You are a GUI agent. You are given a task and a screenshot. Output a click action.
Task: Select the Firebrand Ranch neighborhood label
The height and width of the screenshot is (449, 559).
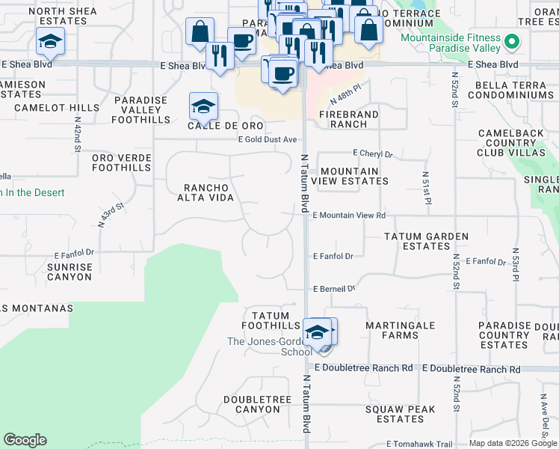point(348,119)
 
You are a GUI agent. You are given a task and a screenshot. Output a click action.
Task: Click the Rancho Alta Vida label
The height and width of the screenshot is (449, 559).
point(206,192)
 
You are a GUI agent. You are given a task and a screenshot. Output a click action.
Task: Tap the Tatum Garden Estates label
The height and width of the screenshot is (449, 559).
point(426,241)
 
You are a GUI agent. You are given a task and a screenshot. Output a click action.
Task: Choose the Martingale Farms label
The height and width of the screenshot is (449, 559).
point(392,330)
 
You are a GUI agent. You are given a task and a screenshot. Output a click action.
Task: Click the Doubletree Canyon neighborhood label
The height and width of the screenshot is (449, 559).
point(257,404)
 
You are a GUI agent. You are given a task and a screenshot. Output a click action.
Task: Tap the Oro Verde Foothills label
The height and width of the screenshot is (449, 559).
point(121,162)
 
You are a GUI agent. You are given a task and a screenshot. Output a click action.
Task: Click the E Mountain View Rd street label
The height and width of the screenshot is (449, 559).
point(349,216)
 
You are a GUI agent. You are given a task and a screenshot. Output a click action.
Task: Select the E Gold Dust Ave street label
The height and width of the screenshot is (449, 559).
point(268,140)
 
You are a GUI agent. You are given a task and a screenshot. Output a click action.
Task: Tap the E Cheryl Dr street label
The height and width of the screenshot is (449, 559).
point(372,154)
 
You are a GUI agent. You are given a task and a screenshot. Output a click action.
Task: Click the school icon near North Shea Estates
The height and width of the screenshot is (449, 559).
point(50,41)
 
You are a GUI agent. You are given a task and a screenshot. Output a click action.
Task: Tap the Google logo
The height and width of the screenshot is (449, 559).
point(25,440)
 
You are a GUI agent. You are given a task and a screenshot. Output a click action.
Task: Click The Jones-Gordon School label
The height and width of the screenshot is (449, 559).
point(270,346)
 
